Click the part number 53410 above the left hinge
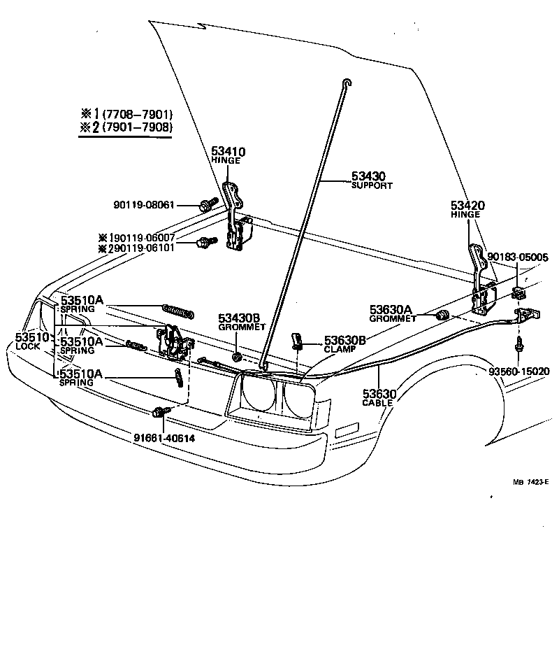point(228,151)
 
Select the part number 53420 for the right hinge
point(467,206)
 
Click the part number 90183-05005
point(518,257)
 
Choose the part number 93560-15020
point(517,371)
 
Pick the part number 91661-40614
point(164,438)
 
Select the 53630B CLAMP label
point(344,343)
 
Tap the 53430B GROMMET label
point(239,321)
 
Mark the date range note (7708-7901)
point(137,114)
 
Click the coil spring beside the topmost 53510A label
point(178,310)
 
